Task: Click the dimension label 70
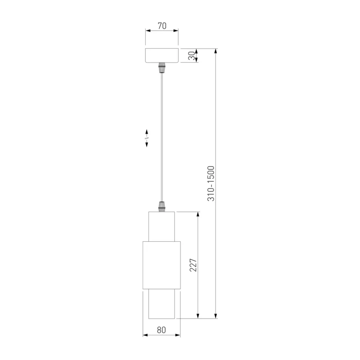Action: coord(162,26)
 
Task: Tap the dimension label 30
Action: coord(192,55)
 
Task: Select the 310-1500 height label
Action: coord(211,184)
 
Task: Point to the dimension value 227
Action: coord(193,265)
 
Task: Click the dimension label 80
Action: coord(162,330)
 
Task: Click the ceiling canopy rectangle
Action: coord(162,55)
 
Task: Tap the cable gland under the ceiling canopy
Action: coord(162,67)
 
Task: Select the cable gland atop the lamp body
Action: coord(162,207)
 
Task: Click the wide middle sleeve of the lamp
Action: coord(162,265)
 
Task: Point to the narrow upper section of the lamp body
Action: coord(162,226)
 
